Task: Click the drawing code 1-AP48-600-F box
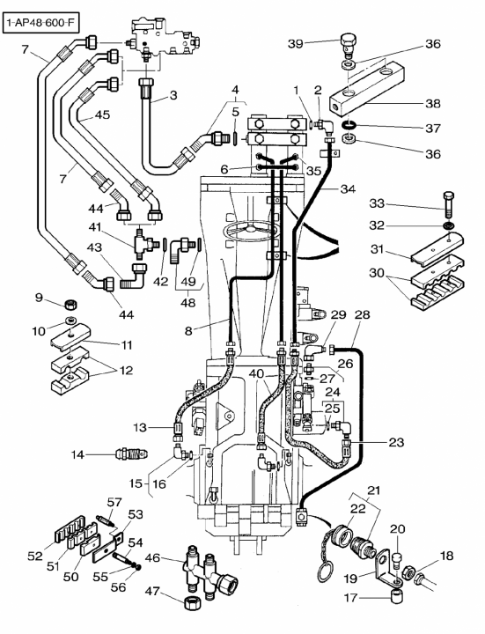40,23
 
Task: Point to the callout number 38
433,104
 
